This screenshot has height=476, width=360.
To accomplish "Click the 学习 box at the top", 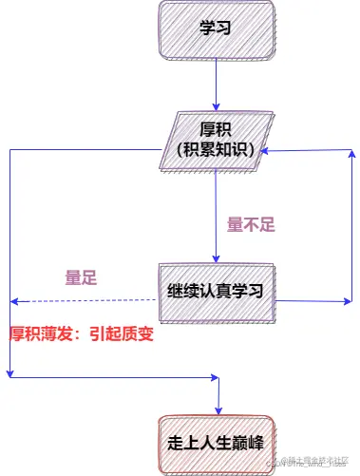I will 216,28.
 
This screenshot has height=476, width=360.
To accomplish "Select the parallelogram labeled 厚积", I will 217,140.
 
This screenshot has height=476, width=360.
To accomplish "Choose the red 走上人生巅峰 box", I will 217,443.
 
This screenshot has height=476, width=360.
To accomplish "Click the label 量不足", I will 251,225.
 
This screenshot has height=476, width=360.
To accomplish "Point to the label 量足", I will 81,277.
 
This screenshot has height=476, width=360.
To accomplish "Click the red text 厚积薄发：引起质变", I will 81,334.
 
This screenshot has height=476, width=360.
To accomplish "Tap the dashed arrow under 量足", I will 85,301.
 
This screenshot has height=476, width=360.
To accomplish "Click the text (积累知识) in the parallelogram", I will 217,150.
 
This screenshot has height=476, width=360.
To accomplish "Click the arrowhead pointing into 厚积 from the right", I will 270,151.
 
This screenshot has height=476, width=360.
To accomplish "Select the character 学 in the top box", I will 207,28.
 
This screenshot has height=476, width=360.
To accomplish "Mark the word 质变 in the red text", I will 138,334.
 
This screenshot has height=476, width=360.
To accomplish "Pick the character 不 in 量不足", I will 251,225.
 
